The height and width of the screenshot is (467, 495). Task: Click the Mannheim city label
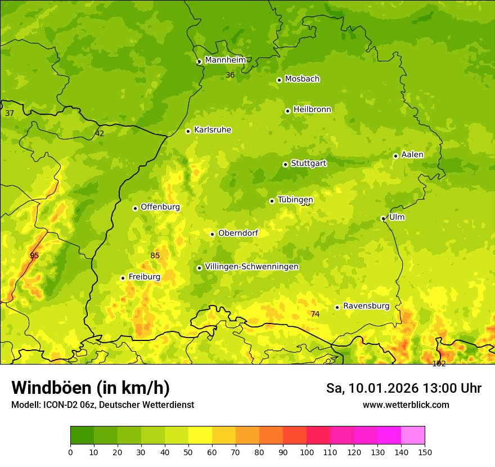pyautogui.click(x=226, y=60)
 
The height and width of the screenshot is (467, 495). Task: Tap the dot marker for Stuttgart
pyautogui.click(x=285, y=164)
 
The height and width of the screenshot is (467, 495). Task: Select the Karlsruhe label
pyautogui.click(x=213, y=130)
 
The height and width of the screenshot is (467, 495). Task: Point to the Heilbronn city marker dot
pyautogui.click(x=287, y=111)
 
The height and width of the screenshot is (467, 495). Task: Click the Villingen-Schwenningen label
pyautogui.click(x=251, y=267)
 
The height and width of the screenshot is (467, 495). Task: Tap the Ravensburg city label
pyautogui.click(x=366, y=306)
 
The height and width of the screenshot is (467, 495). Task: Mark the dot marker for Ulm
pyautogui.click(x=383, y=218)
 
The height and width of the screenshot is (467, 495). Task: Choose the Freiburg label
pyautogui.click(x=144, y=277)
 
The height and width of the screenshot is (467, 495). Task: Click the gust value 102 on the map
pyautogui.click(x=439, y=364)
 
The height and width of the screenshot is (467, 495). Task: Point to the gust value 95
pyautogui.click(x=34, y=255)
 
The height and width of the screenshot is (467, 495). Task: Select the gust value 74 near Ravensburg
pyautogui.click(x=315, y=314)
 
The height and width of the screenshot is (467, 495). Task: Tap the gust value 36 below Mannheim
pyautogui.click(x=230, y=75)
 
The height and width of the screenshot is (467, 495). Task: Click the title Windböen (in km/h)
pyautogui.click(x=90, y=388)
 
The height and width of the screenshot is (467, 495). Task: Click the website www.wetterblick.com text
pyautogui.click(x=406, y=405)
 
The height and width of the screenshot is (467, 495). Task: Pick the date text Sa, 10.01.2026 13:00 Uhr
pyautogui.click(x=403, y=388)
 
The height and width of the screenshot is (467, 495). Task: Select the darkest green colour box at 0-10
pyautogui.click(x=82, y=435)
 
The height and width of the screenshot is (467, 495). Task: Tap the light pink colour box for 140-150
pyautogui.click(x=413, y=435)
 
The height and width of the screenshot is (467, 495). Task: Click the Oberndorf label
pyautogui.click(x=238, y=233)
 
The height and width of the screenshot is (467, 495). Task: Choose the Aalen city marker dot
pyautogui.click(x=395, y=156)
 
